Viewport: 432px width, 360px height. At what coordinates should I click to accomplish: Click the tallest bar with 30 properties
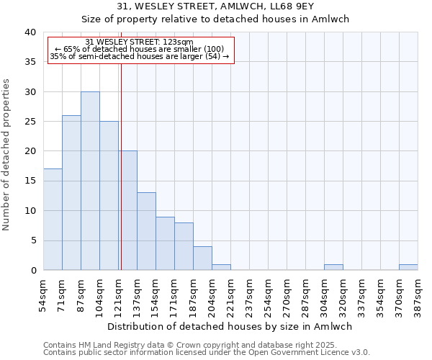point(90,181)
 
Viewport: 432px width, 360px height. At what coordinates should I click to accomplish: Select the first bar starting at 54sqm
point(53,219)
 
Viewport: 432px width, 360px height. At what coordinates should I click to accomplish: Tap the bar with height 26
point(71,192)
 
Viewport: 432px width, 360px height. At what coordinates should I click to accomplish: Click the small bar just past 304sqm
point(333,267)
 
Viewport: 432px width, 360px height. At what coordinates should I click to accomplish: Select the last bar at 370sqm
point(408,267)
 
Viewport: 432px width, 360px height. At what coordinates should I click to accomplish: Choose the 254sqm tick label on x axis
point(268,294)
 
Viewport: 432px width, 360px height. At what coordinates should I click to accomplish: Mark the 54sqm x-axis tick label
point(43,294)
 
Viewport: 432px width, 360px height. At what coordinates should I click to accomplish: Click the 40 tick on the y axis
point(30,32)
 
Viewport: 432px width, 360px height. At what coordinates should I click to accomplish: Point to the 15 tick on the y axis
point(30,181)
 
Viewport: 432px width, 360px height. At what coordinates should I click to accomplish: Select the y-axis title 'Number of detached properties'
point(7,151)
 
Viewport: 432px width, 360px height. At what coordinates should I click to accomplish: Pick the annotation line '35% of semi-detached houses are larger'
point(140,56)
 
